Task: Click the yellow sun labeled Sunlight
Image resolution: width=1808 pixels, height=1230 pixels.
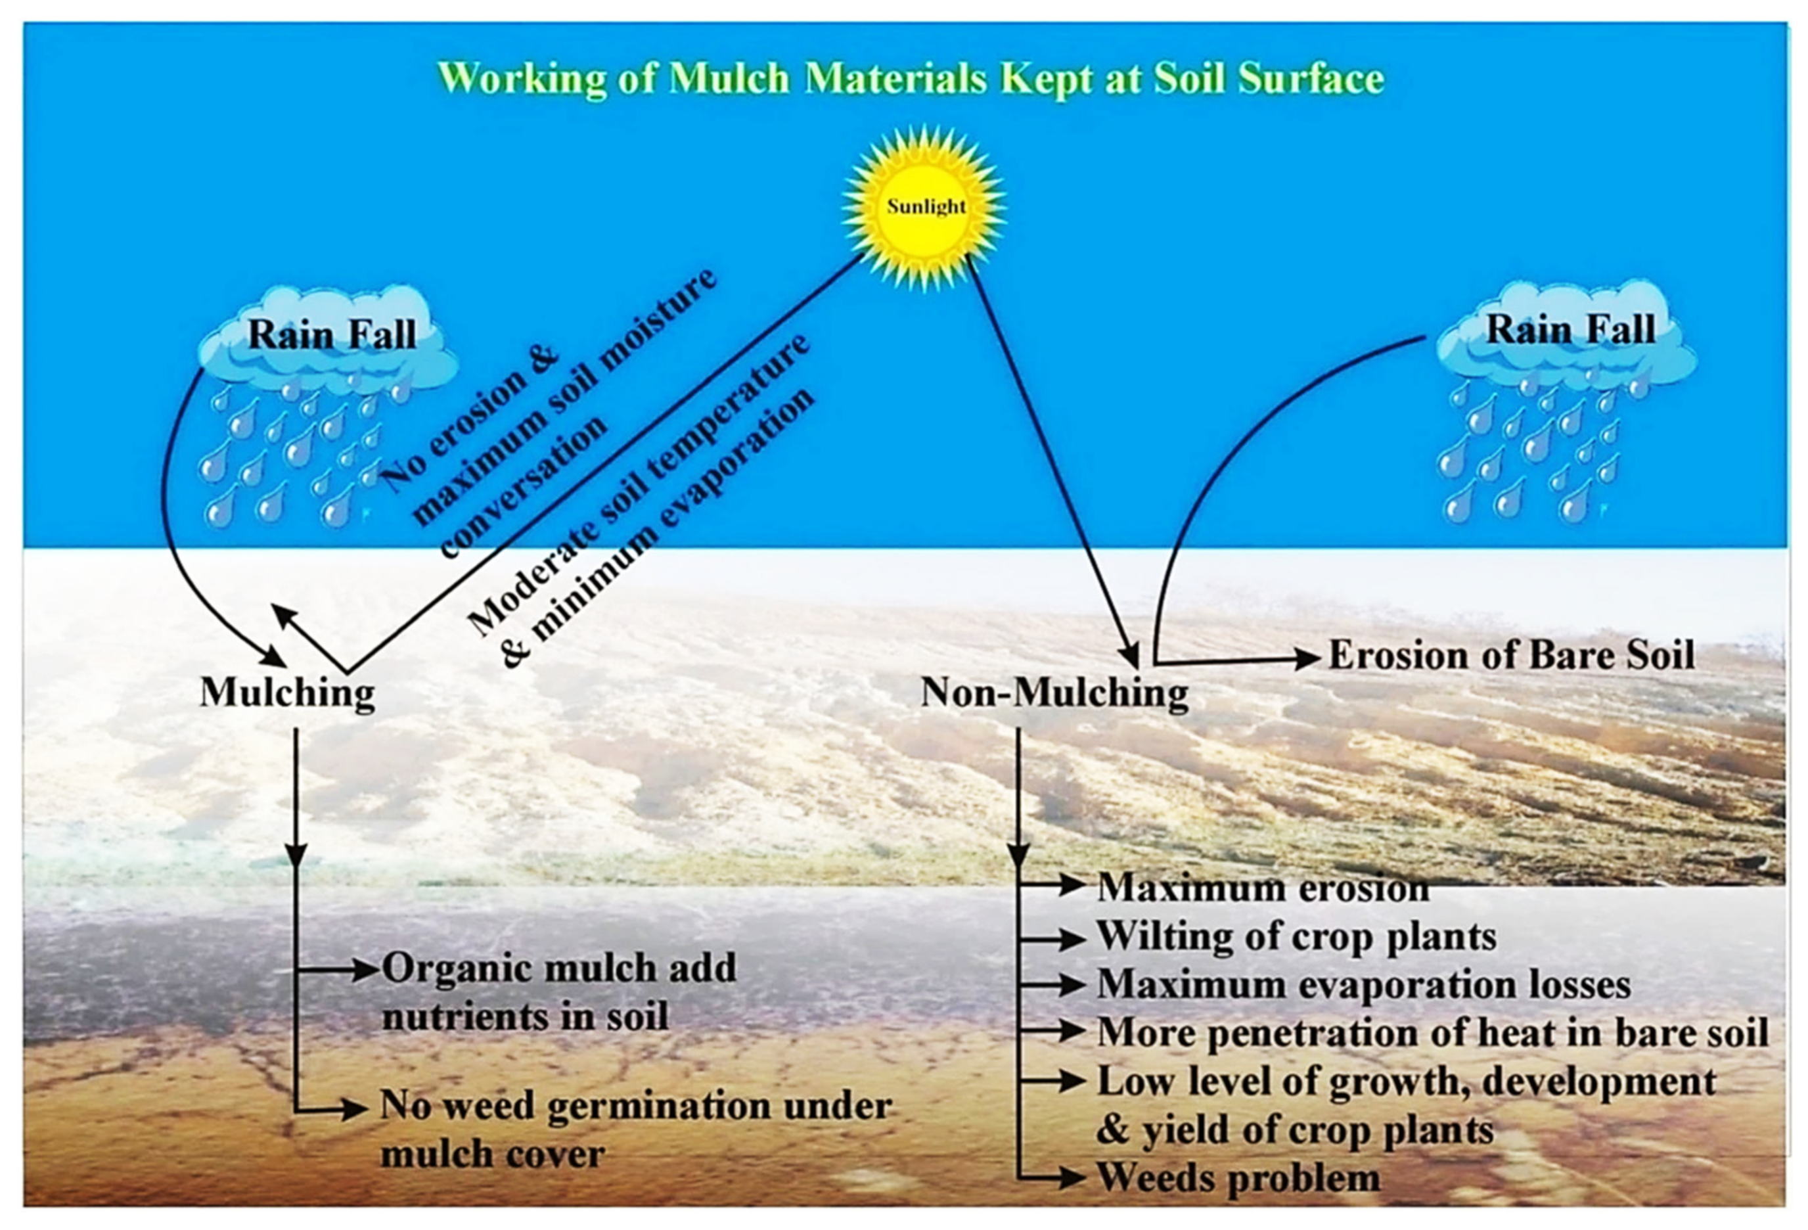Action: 924,208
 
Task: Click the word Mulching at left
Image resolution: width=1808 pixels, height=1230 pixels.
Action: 287,692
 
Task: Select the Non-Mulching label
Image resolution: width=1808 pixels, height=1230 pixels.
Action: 1054,692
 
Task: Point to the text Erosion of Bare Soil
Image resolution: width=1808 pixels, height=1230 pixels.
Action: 1511,655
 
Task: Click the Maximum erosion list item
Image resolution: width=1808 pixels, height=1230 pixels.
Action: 1262,888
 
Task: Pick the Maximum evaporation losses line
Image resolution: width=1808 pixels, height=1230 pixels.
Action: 1363,984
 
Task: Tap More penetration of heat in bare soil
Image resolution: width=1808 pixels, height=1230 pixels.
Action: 1432,1032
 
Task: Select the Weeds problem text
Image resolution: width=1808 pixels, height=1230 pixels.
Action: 1238,1178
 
